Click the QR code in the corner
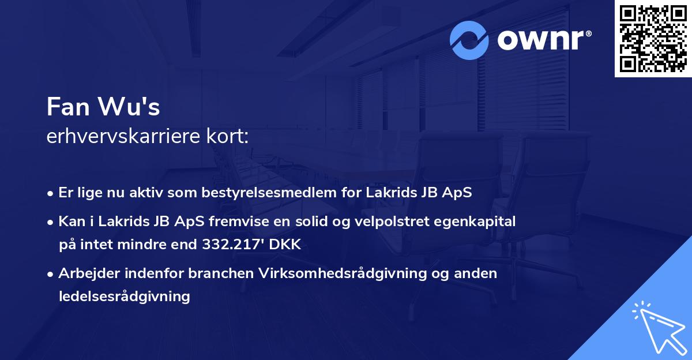tap(653, 39)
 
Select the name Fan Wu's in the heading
tap(103, 107)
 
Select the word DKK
tap(284, 245)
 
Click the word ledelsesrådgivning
tap(124, 297)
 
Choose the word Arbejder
tap(85, 273)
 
